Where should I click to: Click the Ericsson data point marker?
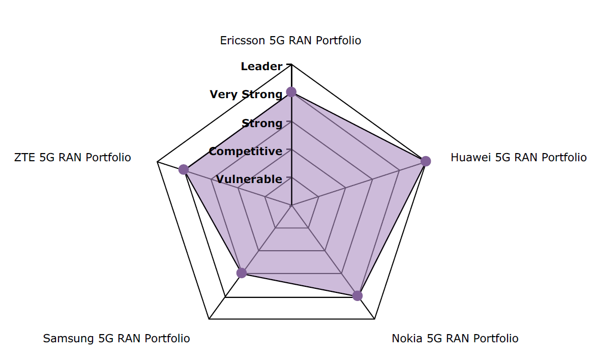coord(291,92)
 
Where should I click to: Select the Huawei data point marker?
coord(426,161)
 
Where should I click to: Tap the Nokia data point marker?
coord(358,296)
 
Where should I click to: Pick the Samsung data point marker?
coord(242,273)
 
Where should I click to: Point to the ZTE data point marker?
coord(184,170)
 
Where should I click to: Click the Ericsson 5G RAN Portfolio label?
coord(290,41)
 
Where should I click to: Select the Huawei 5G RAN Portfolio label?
coord(518,158)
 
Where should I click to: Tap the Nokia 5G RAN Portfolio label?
coord(455,339)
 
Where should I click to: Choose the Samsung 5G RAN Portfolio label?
coord(116,339)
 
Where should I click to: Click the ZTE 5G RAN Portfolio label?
coord(73,158)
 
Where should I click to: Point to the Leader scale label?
coord(261,66)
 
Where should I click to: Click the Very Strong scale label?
coord(246,95)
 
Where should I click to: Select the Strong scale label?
coord(261,123)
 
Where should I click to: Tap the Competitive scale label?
coord(245,151)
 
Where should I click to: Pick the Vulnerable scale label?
coord(249,179)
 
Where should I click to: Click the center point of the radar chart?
coord(291,205)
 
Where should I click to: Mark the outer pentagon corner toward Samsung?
coord(209,319)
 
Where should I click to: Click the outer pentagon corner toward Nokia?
coord(374,319)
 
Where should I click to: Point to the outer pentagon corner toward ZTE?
coord(157,162)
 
